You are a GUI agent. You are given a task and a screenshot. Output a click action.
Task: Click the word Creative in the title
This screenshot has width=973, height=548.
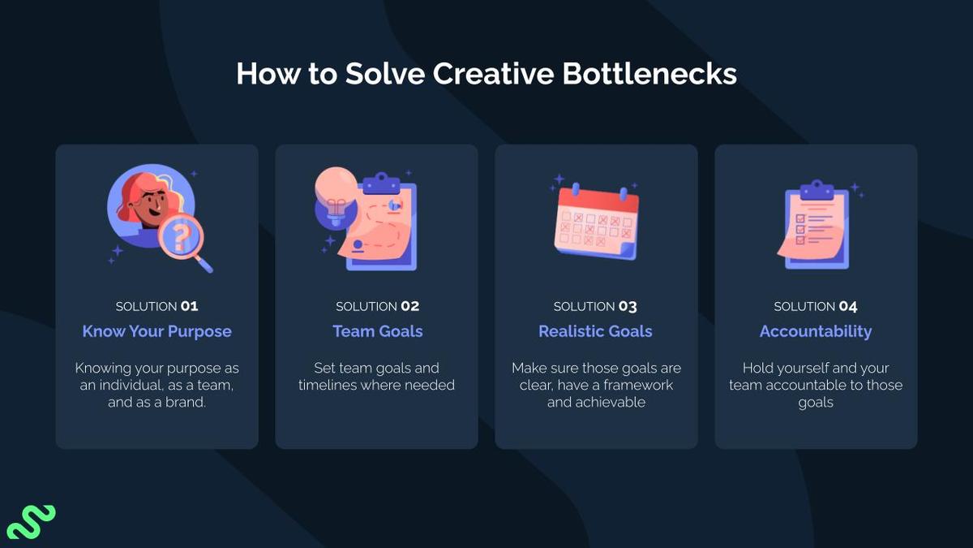(492, 74)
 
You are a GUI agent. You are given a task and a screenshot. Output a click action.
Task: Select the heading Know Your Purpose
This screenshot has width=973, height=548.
(156, 331)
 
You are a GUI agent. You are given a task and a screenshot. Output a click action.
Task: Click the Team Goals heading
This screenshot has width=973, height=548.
(377, 331)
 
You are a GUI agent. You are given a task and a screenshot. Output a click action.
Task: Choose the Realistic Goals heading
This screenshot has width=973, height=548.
(595, 331)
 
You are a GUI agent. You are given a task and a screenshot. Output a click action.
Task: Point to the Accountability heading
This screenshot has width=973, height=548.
(816, 331)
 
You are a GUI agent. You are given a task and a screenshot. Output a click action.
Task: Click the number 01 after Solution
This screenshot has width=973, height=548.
(189, 307)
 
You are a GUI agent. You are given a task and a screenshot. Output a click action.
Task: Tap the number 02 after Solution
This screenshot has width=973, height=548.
(409, 307)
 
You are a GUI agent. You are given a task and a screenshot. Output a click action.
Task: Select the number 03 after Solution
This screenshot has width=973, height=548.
(628, 307)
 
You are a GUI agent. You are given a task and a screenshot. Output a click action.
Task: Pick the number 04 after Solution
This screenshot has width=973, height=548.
(848, 307)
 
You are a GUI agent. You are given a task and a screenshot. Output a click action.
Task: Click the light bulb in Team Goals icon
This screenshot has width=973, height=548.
(334, 195)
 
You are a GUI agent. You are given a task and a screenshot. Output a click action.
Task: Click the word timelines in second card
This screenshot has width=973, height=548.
(328, 385)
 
